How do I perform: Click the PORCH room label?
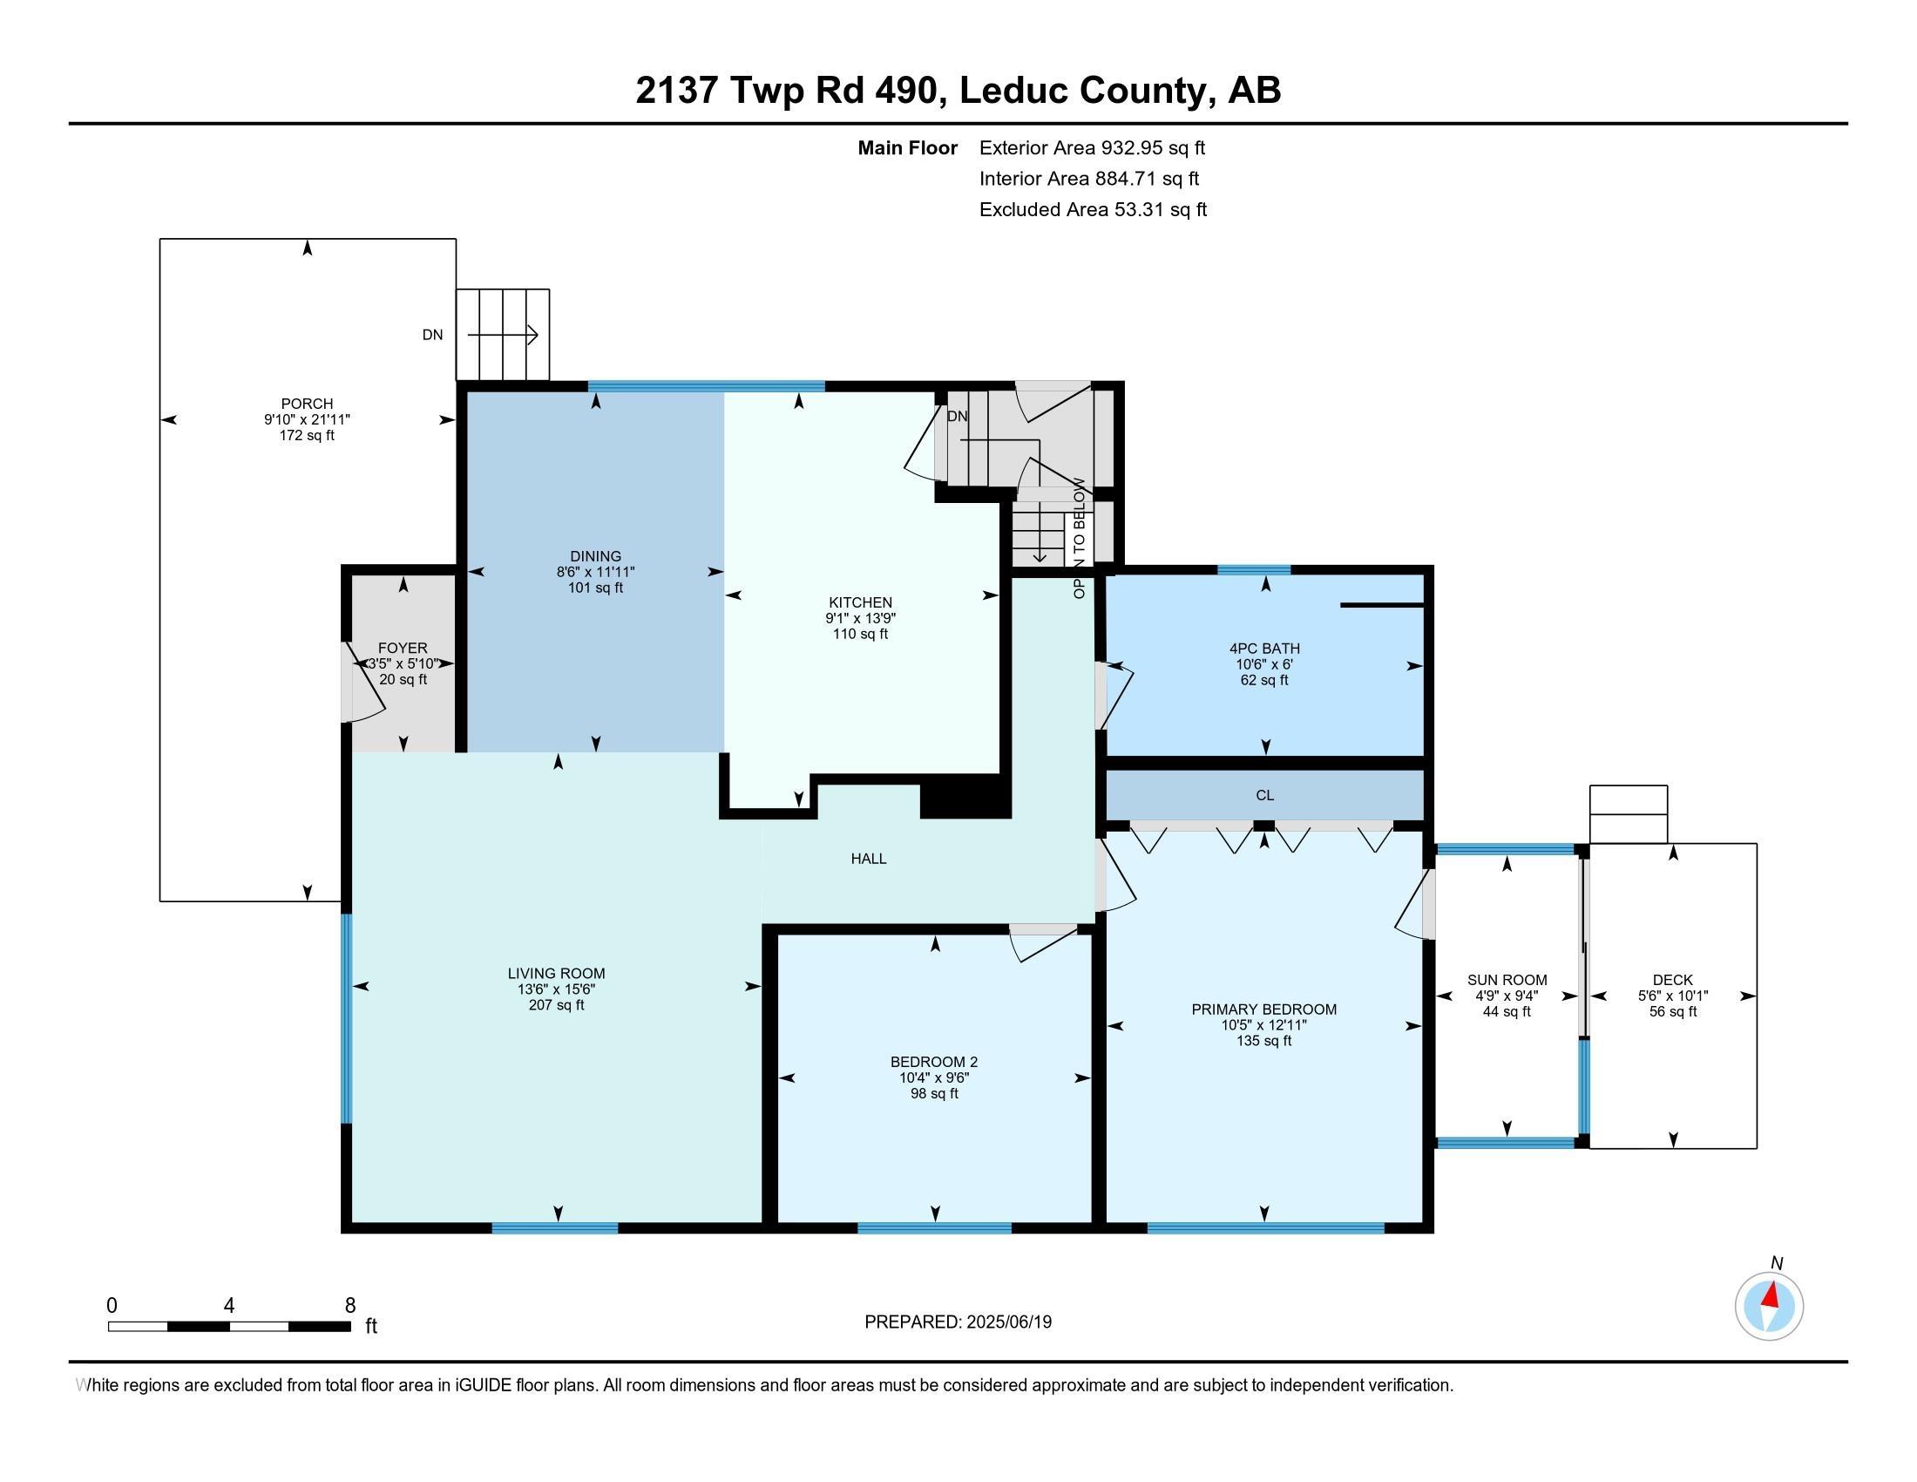tap(307, 404)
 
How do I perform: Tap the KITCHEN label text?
tap(860, 602)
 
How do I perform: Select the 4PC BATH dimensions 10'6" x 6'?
tap(1264, 664)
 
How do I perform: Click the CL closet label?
tap(1264, 795)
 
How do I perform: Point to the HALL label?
tap(868, 859)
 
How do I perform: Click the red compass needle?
tap(1771, 1295)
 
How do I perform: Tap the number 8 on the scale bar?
tap(349, 1306)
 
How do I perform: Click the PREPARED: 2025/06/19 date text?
tap(958, 1322)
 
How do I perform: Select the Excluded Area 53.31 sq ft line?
tap(1093, 210)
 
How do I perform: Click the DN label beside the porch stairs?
tap(432, 335)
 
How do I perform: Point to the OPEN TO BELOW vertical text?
tap(1079, 537)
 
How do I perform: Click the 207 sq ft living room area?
tap(556, 1005)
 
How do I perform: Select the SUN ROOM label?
tap(1507, 980)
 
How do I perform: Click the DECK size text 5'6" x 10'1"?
tap(1672, 996)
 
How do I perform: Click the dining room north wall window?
tap(706, 386)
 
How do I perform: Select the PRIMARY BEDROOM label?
tap(1264, 1010)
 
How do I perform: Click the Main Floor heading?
tap(907, 148)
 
